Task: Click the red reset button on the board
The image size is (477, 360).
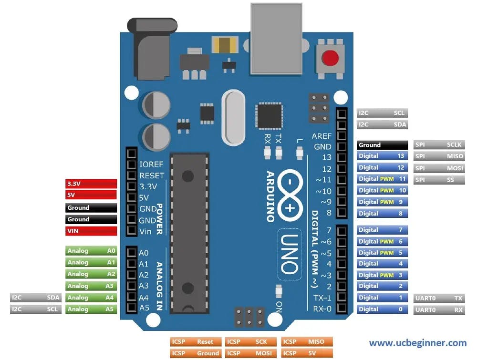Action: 330,59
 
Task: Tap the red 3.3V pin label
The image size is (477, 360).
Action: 91,184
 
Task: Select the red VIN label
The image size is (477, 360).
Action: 91,231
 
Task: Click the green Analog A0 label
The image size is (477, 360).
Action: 91,250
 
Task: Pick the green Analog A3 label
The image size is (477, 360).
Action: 91,286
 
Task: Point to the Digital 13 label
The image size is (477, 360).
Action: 382,156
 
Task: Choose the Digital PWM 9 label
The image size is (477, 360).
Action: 382,202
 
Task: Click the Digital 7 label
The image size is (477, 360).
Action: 382,230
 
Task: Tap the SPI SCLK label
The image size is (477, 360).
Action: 439,144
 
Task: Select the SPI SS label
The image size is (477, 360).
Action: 439,180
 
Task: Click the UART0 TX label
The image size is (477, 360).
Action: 439,298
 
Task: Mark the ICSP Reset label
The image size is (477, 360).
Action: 196,342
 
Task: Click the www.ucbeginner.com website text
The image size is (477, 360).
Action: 417,343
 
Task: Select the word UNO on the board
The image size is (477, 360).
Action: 290,253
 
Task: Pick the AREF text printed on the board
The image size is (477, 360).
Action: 321,136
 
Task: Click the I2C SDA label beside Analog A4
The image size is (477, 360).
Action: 36,298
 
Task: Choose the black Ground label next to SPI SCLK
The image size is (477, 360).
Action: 382,145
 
